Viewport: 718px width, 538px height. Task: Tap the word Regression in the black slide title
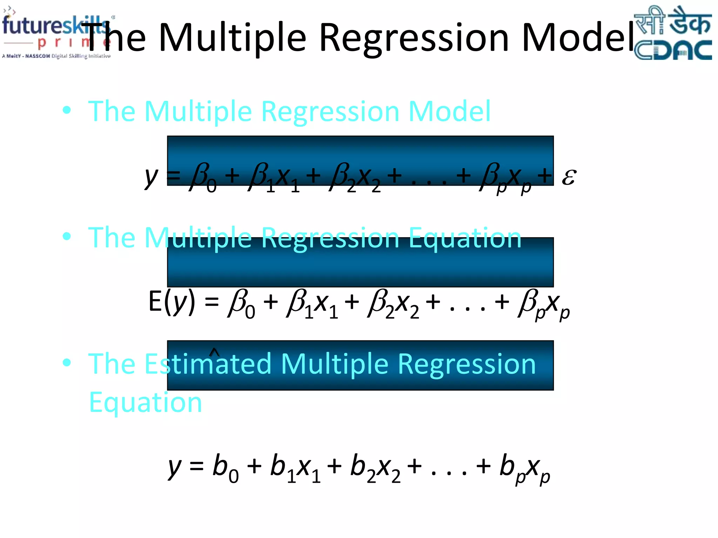click(414, 37)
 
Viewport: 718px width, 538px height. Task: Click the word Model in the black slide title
click(578, 37)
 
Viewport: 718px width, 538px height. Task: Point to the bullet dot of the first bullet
click(67, 110)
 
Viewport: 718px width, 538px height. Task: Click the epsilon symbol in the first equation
click(569, 177)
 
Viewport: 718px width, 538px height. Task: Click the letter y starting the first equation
click(151, 177)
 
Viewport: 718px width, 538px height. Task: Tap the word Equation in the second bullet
click(465, 238)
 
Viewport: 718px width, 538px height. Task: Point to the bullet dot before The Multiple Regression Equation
click(67, 236)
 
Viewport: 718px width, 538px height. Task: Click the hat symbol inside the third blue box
click(214, 352)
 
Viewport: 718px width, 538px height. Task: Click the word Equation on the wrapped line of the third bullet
click(145, 403)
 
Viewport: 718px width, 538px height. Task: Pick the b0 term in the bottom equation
click(225, 468)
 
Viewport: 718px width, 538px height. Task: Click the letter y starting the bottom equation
click(175, 468)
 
